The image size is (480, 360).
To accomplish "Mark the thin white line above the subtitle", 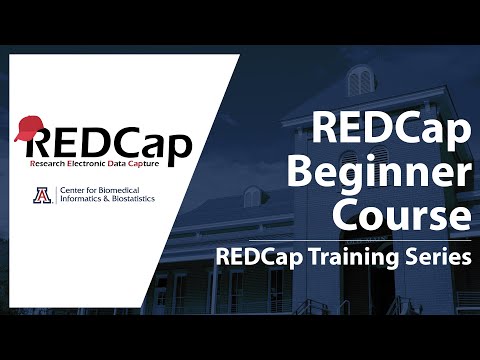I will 345,240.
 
